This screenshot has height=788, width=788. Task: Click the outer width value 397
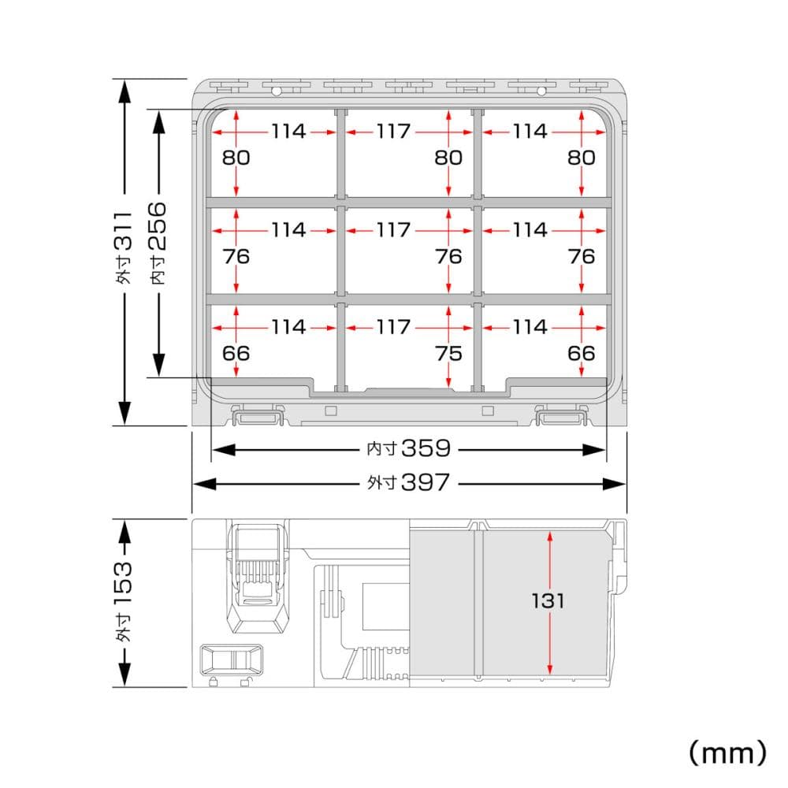(426, 482)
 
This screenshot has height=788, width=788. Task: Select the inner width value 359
(426, 448)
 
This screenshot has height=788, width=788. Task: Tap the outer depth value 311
(124, 232)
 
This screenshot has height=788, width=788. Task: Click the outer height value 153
(124, 583)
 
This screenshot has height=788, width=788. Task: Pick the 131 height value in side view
(548, 600)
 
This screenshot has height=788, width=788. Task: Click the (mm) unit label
(727, 753)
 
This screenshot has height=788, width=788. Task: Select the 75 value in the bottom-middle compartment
(448, 354)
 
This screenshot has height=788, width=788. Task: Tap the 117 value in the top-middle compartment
(393, 132)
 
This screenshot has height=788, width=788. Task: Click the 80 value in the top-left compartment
(236, 158)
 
